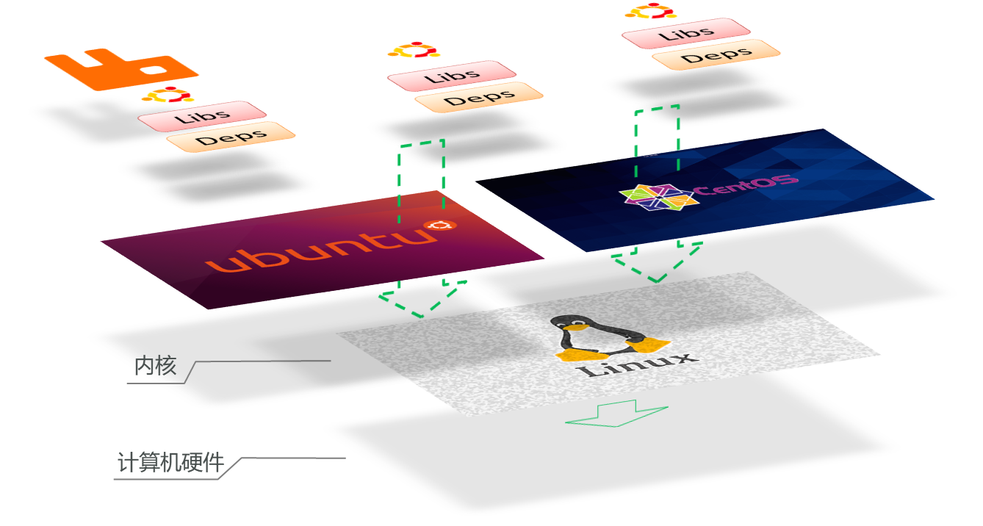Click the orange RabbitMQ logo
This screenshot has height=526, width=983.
[121, 71]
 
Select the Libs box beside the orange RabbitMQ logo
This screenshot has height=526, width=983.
[202, 115]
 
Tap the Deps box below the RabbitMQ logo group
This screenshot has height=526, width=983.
[231, 137]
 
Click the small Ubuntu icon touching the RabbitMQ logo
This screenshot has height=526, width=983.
[168, 95]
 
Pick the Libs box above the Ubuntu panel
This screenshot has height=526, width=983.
[452, 76]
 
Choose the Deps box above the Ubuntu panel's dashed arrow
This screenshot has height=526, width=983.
[478, 97]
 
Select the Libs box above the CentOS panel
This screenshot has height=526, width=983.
[686, 33]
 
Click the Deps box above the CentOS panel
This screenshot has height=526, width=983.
[716, 54]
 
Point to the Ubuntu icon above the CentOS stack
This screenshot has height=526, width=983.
[651, 11]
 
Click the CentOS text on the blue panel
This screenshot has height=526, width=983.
[746, 184]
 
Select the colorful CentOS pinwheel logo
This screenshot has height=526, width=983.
[658, 197]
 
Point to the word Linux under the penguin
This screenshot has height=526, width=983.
[636, 364]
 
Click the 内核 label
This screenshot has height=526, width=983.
[156, 366]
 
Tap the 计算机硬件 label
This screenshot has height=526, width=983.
[170, 463]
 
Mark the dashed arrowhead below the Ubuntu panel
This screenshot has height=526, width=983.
[422, 301]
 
